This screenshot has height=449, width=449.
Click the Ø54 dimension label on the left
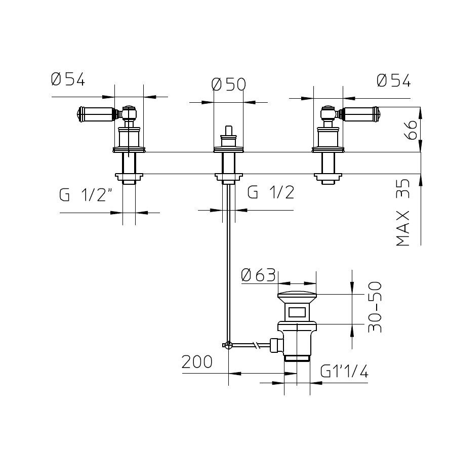68,79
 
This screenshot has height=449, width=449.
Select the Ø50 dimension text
228,84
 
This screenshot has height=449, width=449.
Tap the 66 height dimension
412,130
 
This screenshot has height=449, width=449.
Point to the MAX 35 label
403,213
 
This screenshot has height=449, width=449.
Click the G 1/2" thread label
86,195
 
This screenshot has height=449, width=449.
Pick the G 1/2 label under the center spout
271,192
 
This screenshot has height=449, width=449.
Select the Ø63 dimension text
258,275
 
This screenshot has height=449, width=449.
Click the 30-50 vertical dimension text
375,307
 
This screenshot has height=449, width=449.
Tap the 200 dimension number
197,362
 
